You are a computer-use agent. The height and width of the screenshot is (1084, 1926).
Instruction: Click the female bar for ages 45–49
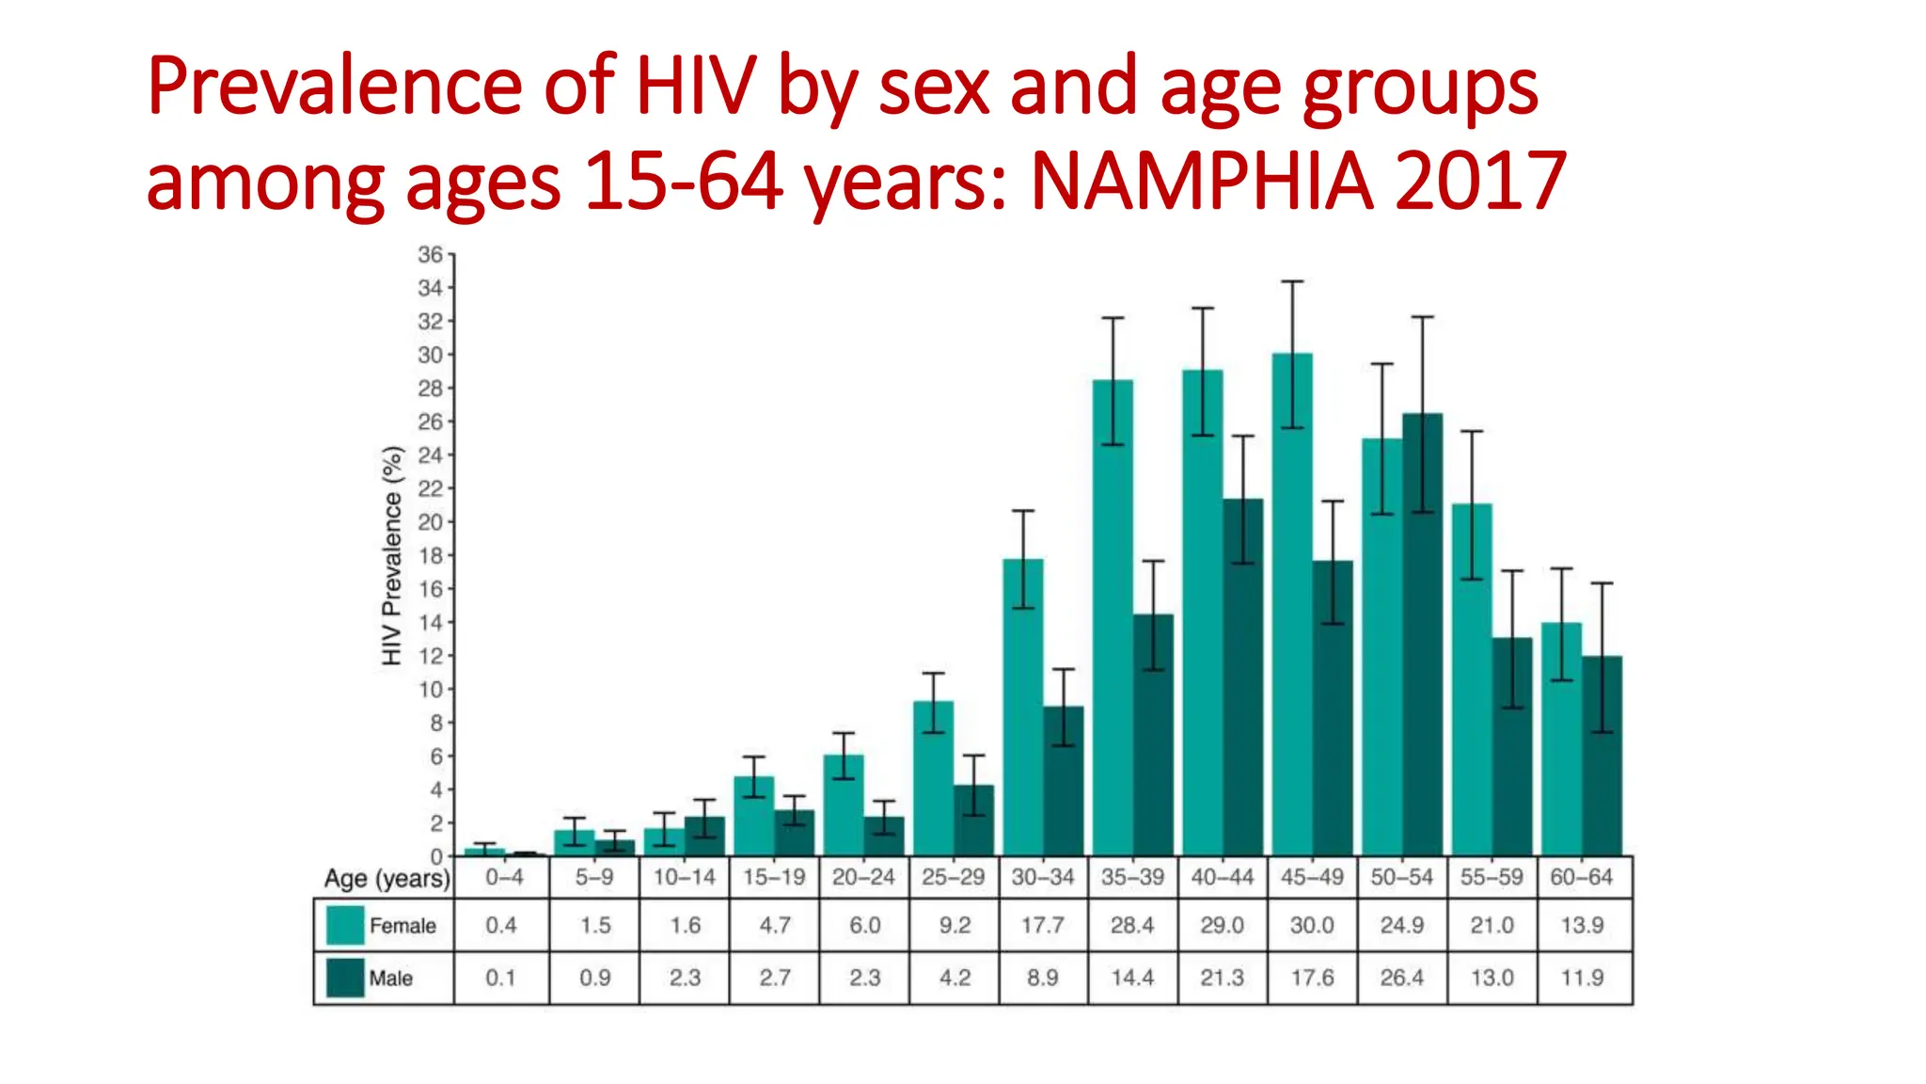1292,612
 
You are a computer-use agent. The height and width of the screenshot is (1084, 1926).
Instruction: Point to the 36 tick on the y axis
430,255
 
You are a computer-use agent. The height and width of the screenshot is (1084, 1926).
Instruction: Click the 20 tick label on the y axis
430,522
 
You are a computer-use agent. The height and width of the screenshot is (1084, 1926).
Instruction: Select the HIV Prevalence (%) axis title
392,555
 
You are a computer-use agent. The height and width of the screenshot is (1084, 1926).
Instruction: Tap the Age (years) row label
387,879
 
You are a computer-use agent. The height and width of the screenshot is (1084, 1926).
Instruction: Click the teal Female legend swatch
345,925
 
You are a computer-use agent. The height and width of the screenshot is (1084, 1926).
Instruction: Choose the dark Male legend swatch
345,978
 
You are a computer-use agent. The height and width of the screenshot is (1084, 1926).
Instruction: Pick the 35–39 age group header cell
1132,877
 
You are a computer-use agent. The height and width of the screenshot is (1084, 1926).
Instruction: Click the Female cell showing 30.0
1312,925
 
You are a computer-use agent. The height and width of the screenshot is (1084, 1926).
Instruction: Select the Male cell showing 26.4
1401,978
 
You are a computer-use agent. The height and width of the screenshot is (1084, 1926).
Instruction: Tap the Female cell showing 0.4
501,925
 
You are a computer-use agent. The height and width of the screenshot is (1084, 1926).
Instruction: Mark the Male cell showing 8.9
1042,978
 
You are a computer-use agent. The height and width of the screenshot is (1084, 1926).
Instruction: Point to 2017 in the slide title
1480,181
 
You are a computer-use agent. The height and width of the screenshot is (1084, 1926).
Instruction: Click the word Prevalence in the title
334,87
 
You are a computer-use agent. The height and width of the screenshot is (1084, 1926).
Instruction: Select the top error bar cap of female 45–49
1292,281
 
